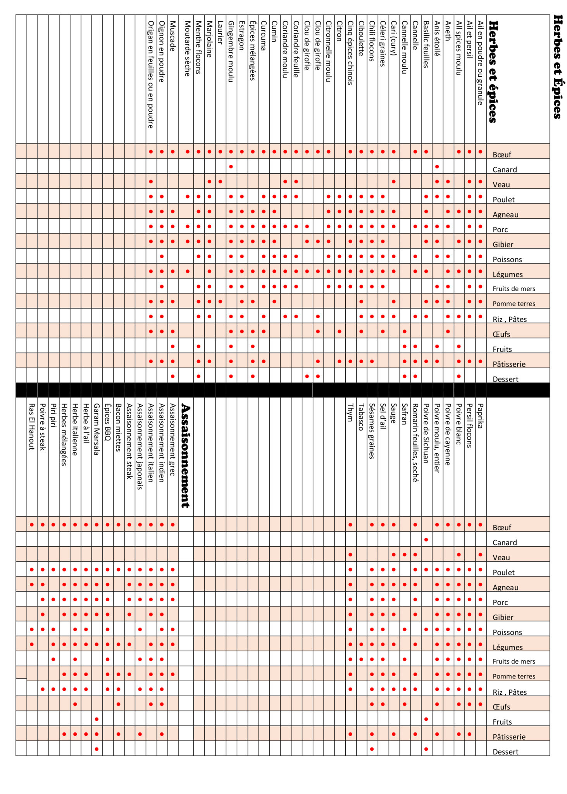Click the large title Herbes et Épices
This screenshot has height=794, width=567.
point(557,67)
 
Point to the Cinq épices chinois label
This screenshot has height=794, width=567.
point(350,53)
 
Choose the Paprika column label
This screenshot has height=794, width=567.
point(480,416)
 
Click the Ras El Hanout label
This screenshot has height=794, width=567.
point(32,426)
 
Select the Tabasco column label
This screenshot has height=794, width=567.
point(361,417)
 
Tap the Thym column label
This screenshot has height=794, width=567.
point(350,412)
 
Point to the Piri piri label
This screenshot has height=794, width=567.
point(53,415)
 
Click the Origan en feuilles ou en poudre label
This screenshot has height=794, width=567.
point(151,74)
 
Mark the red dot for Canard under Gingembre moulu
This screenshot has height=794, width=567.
point(231,167)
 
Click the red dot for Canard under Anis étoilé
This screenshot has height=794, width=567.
point(437,167)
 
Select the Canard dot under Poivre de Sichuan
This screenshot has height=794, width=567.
point(426,540)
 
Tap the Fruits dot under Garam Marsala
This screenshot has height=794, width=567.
point(97,719)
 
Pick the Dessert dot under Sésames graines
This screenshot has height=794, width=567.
point(372,749)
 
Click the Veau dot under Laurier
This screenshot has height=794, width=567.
point(220,181)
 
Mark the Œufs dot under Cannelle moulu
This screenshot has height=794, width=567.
point(405,331)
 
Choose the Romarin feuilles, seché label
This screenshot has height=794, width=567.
point(415,443)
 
